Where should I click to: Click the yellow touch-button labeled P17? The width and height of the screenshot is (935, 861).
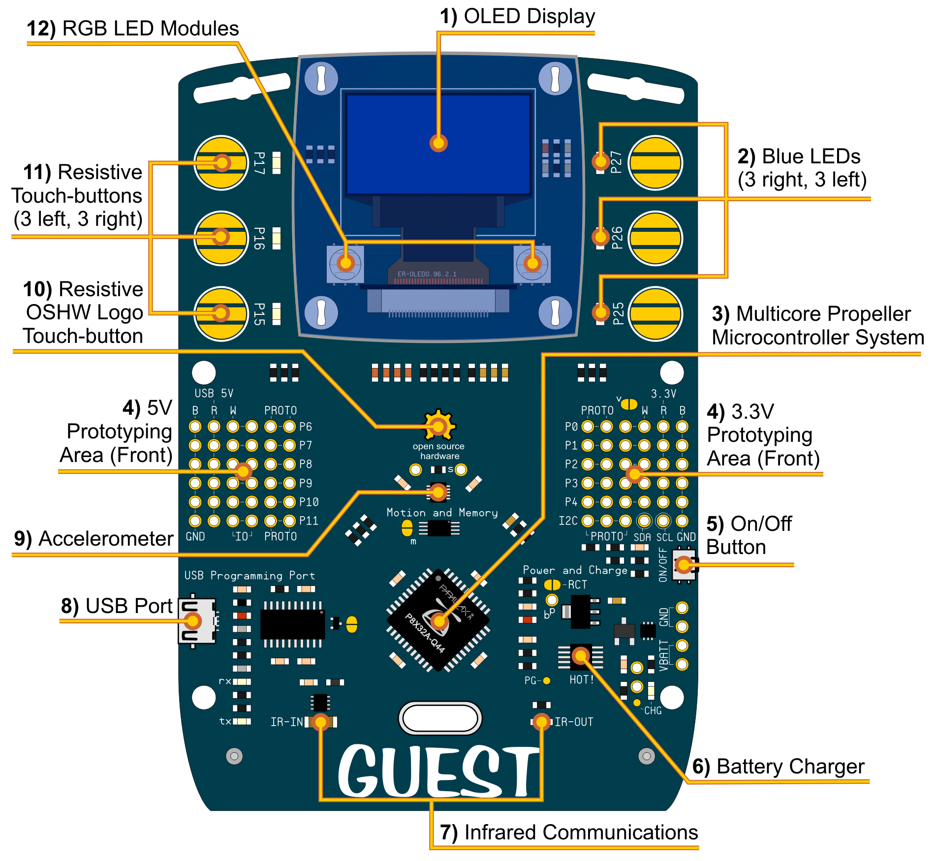[x=221, y=163]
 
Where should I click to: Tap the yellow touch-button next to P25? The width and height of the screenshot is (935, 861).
[x=655, y=313]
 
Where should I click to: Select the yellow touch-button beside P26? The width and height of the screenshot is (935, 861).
[x=655, y=238]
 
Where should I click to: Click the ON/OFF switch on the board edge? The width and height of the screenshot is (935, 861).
[x=685, y=565]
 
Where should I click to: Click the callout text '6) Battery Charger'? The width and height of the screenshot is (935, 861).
[x=778, y=767]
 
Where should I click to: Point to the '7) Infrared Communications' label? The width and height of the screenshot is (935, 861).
[x=569, y=832]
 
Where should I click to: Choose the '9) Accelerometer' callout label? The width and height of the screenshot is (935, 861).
[x=94, y=539]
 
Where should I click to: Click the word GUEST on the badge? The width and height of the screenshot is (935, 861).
[x=438, y=771]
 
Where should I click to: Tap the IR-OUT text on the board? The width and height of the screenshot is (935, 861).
[x=574, y=722]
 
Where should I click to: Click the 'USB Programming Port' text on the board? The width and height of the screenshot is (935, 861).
[x=249, y=576]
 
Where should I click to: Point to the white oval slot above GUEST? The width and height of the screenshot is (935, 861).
[x=440, y=718]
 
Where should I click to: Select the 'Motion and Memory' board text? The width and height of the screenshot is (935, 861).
[x=442, y=513]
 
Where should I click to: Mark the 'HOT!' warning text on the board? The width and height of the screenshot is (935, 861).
[x=582, y=680]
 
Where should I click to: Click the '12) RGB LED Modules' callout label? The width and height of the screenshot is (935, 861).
[x=133, y=29]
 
